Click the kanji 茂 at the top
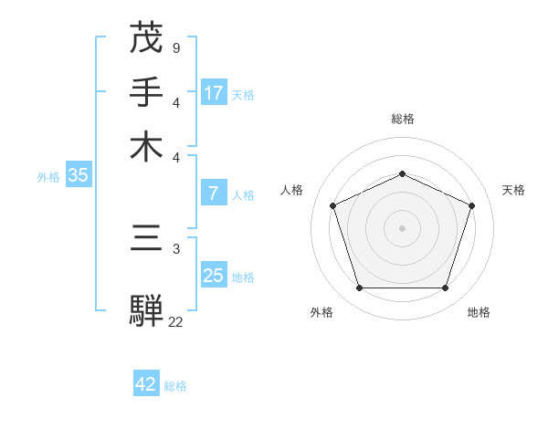pyautogui.click(x=146, y=38)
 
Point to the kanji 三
pyautogui.click(x=146, y=239)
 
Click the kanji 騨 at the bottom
pyautogui.click(x=146, y=311)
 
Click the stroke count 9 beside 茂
pyautogui.click(x=175, y=47)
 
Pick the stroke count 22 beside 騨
pyautogui.click(x=175, y=321)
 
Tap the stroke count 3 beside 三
pyautogui.click(x=175, y=247)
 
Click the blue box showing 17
pyautogui.click(x=214, y=92)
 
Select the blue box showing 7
pyautogui.click(x=213, y=194)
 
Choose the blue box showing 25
pyautogui.click(x=214, y=275)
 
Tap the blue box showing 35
pyautogui.click(x=78, y=176)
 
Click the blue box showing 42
pyautogui.click(x=146, y=384)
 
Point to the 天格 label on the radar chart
pyautogui.click(x=513, y=190)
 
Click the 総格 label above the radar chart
pyautogui.click(x=402, y=119)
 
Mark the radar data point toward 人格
pyautogui.click(x=333, y=205)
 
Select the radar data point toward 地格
pyautogui.click(x=445, y=288)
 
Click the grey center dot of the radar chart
pyautogui.click(x=402, y=227)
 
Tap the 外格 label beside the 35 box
pyautogui.click(x=48, y=177)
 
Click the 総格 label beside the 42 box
pyautogui.click(x=175, y=386)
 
